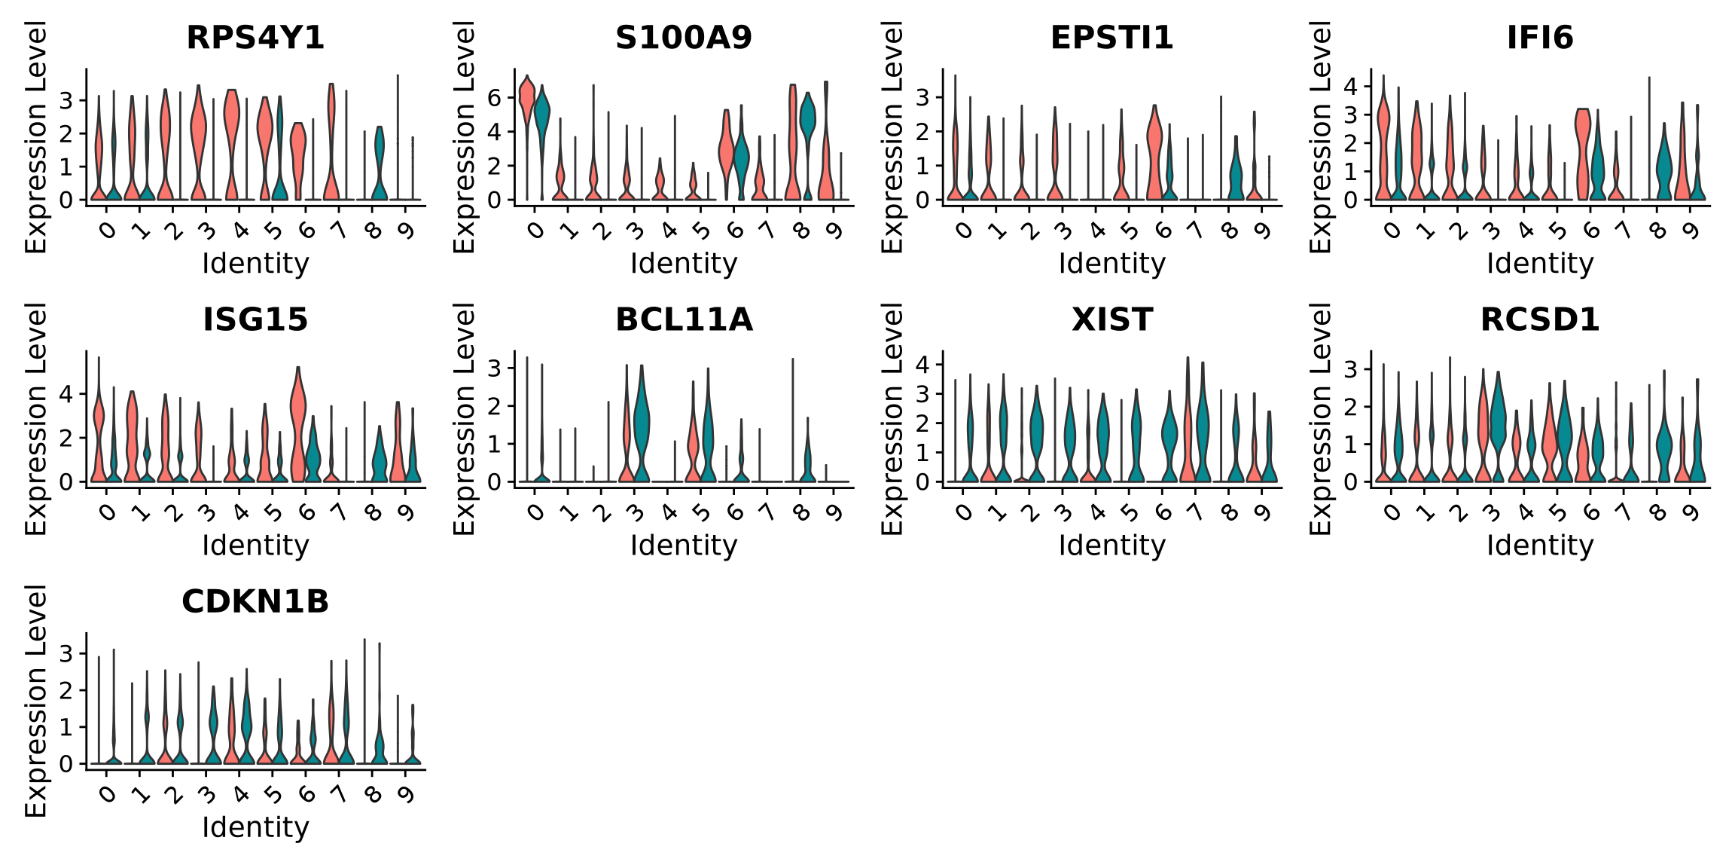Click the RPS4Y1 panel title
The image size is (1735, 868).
(x=255, y=38)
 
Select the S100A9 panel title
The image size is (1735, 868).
(x=683, y=38)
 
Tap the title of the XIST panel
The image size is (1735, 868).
(x=1111, y=319)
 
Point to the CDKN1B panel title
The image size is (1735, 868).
(x=255, y=601)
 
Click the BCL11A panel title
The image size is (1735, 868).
(x=683, y=319)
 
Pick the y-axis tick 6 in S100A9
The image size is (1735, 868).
(x=495, y=97)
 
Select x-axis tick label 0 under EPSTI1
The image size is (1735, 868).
(x=963, y=231)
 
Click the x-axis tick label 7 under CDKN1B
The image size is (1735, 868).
(x=340, y=794)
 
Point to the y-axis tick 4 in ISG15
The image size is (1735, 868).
(x=66, y=394)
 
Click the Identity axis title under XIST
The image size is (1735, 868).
(x=1111, y=546)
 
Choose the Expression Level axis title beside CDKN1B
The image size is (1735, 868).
(x=36, y=701)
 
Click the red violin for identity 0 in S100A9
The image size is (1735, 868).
(x=527, y=102)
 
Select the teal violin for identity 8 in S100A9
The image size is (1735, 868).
(x=808, y=121)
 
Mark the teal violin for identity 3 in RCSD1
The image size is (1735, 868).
(x=1498, y=414)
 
